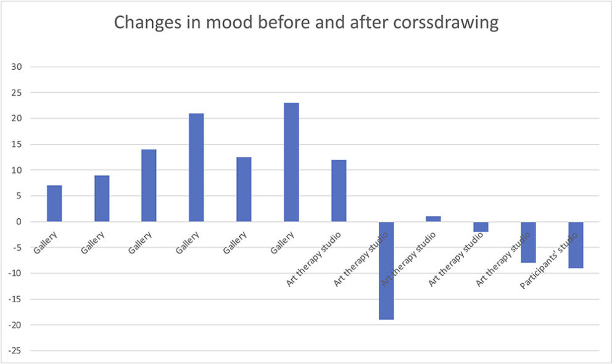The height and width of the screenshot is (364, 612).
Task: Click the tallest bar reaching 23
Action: pos(291,162)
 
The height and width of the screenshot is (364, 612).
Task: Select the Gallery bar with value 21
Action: pos(196,167)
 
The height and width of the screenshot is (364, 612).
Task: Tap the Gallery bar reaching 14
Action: pos(149,185)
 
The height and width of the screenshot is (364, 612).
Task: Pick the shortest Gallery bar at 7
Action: pos(54,203)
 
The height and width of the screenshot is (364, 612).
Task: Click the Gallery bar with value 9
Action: pos(102,198)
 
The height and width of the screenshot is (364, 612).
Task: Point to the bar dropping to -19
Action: pos(386,271)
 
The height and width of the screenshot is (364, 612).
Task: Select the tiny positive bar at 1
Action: pos(434,219)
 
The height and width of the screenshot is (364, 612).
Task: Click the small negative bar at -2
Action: pos(481,227)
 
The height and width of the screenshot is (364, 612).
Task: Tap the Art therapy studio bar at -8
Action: pos(528,242)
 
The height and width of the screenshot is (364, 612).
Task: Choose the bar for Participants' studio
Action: pos(576,245)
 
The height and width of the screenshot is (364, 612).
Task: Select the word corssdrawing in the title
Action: pos(437,23)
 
